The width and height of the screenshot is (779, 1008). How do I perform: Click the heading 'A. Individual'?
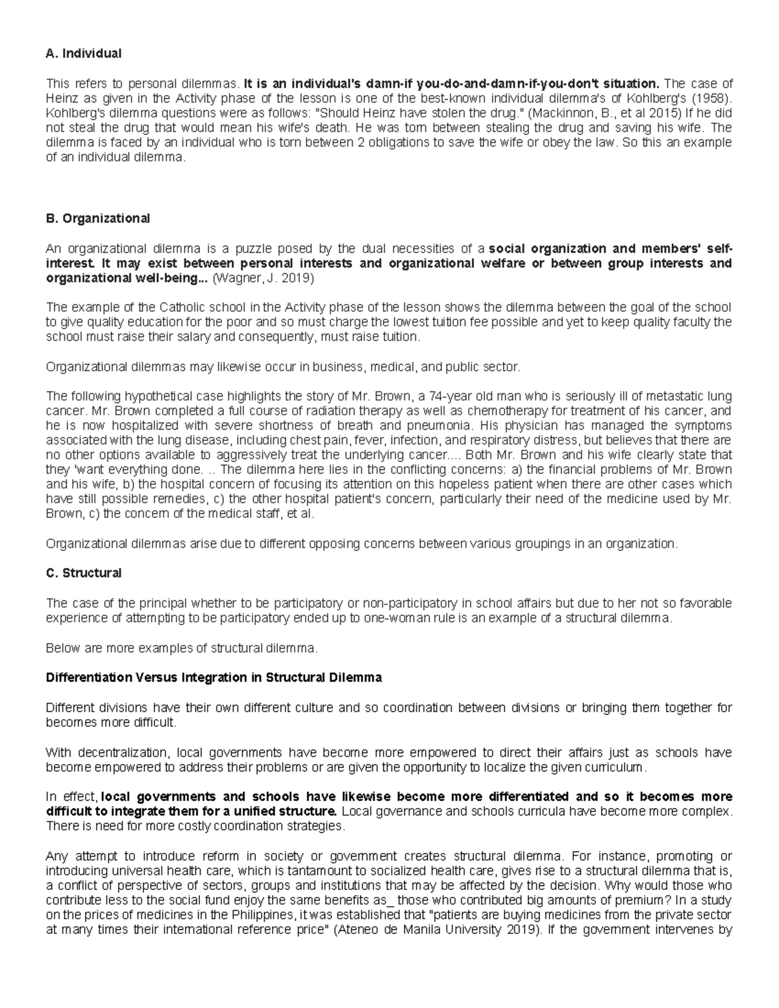84,54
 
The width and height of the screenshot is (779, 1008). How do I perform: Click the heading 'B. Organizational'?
98,219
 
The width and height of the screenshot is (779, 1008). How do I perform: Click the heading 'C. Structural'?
84,573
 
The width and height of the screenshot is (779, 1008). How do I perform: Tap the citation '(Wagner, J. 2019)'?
264,278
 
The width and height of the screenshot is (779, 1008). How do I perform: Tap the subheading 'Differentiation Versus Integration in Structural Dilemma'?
214,678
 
